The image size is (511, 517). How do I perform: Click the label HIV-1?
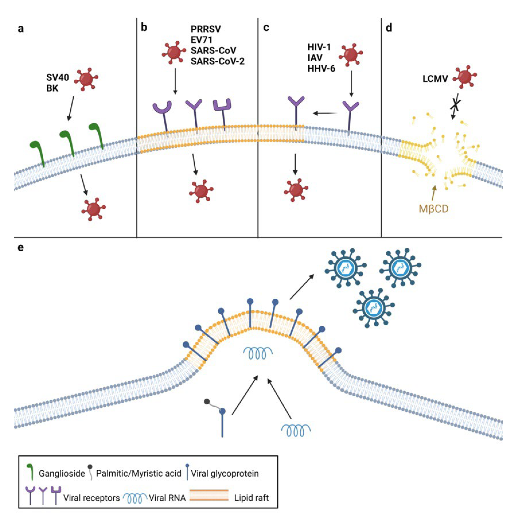coord(319,47)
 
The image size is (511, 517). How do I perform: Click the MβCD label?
coord(433,209)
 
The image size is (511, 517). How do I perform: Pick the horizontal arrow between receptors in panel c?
coord(325,114)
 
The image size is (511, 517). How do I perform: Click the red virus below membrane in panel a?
coord(93,209)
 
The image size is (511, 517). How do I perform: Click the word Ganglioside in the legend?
coord(62,473)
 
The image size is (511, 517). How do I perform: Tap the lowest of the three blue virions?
coord(374,308)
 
